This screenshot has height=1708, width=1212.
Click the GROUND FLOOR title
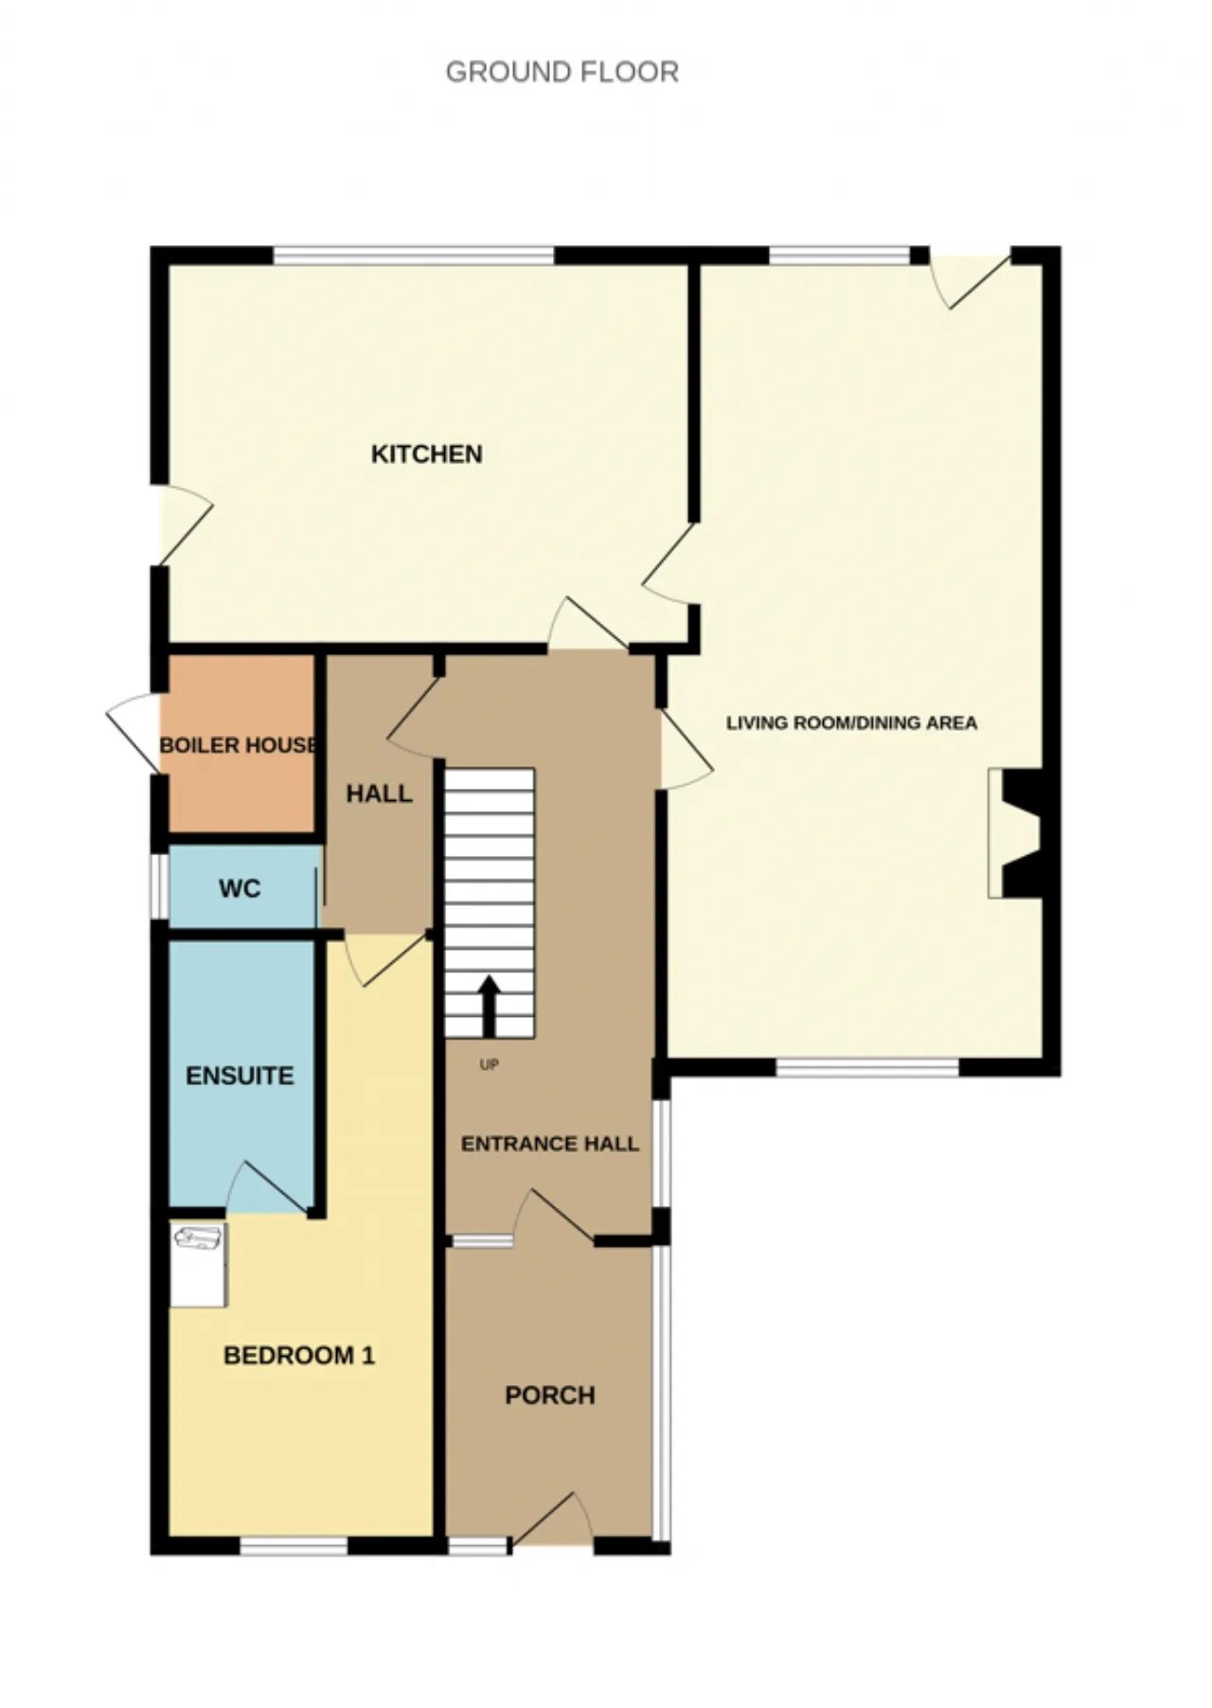click(x=561, y=72)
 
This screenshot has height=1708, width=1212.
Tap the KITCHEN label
click(x=426, y=454)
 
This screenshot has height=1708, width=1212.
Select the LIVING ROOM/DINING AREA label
click(x=851, y=722)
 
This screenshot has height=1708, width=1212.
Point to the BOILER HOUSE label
click(x=239, y=745)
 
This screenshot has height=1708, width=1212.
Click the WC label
click(x=239, y=889)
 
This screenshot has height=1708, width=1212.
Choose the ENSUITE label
click(x=240, y=1076)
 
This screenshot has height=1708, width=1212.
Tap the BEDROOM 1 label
click(x=299, y=1356)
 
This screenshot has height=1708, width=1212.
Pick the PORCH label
click(x=550, y=1396)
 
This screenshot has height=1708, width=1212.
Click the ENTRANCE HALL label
click(x=550, y=1144)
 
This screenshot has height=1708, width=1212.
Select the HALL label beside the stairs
click(x=379, y=793)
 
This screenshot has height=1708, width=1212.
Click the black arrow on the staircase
click(x=489, y=1006)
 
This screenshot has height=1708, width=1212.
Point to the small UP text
click(x=489, y=1065)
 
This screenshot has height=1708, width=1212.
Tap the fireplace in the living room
click(x=1015, y=833)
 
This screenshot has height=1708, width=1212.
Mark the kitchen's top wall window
click(x=414, y=255)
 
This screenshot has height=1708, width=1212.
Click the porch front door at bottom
click(x=553, y=1523)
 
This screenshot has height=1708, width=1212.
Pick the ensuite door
click(x=268, y=1188)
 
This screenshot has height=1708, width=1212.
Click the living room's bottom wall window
click(x=868, y=1068)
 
